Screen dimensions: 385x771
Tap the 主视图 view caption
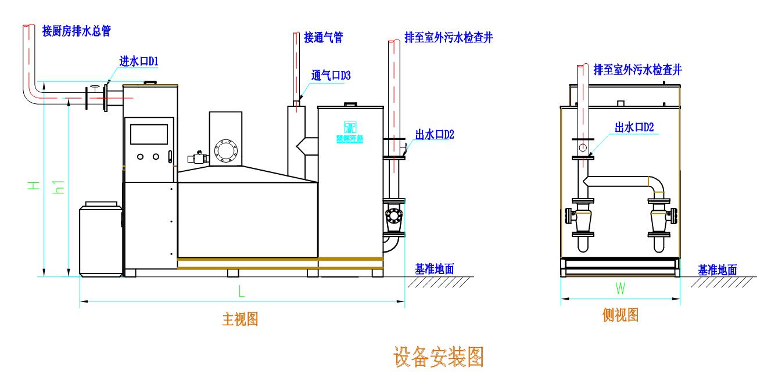coord(240,319)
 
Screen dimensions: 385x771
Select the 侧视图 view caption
coord(621,315)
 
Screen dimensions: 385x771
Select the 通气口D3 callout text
coord(331,75)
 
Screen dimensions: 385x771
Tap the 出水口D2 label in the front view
coord(435,135)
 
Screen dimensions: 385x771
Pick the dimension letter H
coord(35,185)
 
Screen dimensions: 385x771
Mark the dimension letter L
coord(241,293)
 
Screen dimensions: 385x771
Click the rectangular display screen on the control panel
coord(149,134)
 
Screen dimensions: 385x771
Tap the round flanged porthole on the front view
coord(224,150)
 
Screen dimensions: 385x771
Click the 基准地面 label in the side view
coord(718,269)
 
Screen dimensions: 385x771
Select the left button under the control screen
coord(141,156)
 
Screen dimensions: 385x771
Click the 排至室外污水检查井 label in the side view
coord(637,70)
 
